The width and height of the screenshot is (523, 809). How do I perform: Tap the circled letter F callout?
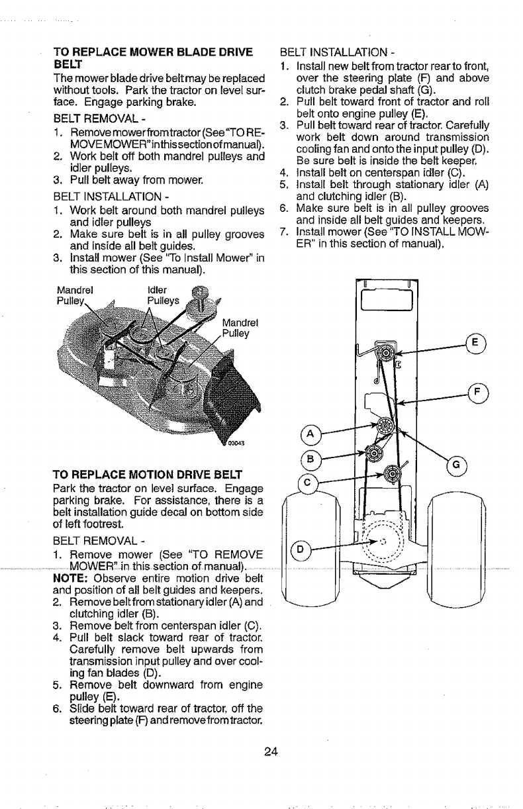point(474,391)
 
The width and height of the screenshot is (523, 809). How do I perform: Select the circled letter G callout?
point(455,464)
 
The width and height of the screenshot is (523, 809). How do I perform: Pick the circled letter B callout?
point(309,459)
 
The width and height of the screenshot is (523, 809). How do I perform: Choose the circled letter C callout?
point(309,482)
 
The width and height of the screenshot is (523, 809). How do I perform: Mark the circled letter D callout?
point(300,549)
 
